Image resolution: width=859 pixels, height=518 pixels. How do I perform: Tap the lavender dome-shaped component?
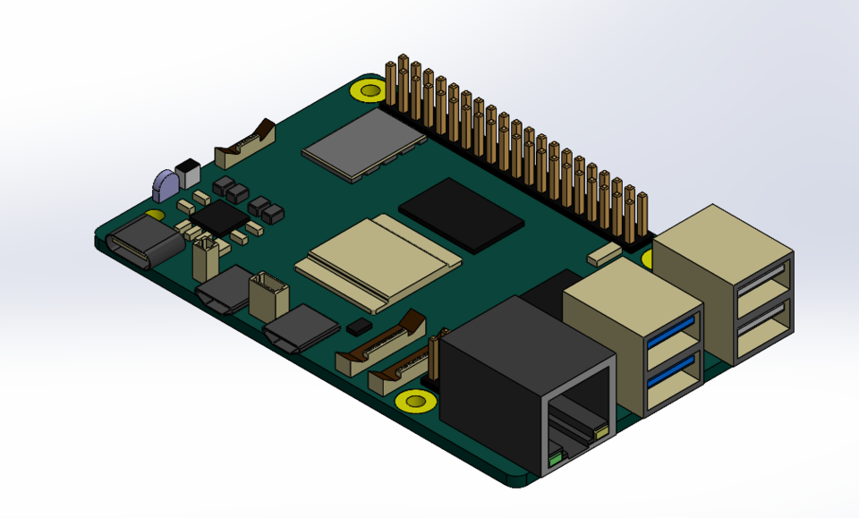point(166,185)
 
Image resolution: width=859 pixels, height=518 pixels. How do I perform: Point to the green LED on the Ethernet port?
point(556,457)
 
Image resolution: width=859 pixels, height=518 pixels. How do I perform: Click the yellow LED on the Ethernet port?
point(600,434)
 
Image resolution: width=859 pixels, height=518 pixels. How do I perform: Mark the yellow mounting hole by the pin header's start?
point(369,89)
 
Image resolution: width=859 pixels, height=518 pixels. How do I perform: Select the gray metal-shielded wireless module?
point(362,143)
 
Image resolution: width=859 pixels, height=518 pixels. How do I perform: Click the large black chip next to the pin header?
point(461,211)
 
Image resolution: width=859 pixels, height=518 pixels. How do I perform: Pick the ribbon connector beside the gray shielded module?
point(244,147)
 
